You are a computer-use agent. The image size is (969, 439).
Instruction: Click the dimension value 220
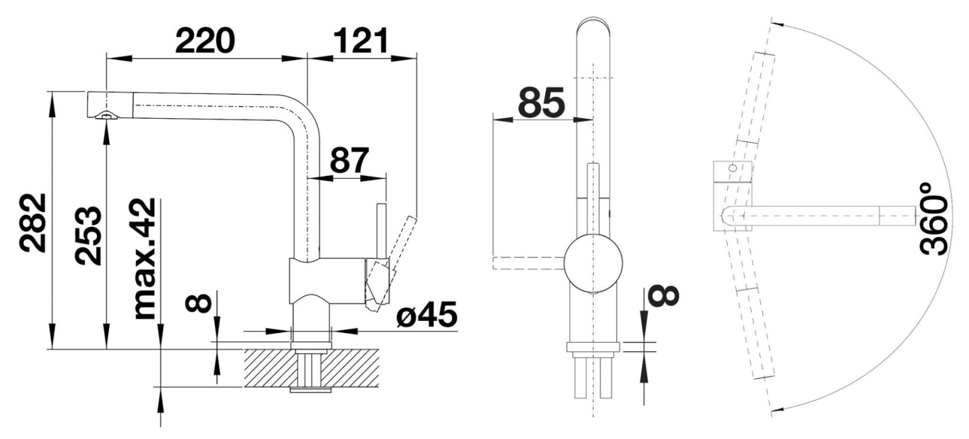pos(205,41)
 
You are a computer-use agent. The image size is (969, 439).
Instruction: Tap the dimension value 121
pos(361,41)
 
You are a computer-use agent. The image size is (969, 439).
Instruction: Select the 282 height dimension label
pos(33,223)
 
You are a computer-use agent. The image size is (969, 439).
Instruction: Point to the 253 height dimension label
pos(88,235)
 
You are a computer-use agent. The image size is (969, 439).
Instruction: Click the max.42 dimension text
pos(145,259)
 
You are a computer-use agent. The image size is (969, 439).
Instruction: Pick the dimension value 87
pos(349,160)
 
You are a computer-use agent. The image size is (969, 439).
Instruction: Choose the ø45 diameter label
pos(426,314)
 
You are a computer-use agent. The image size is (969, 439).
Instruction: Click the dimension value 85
pos(541,103)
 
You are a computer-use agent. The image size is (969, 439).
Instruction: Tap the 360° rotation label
pos(934,224)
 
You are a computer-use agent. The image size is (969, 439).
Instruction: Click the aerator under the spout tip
pos(107,115)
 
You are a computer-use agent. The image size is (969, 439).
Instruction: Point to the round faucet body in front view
pos(594,263)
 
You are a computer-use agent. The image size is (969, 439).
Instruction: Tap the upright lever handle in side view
pos(381,231)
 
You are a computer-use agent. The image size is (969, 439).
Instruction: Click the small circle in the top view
pos(732,168)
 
